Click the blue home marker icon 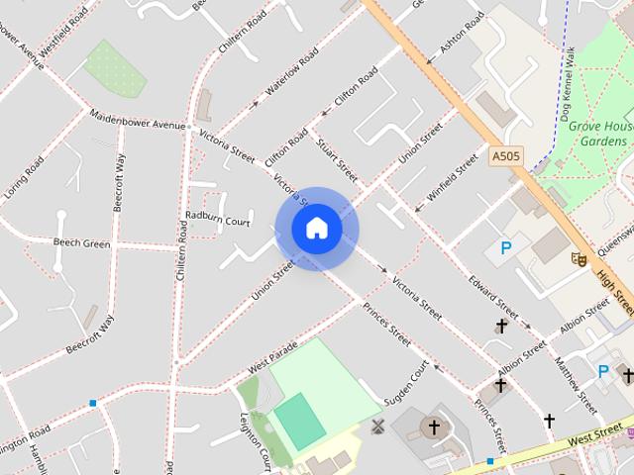(x=316, y=228)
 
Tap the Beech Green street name (x=81, y=243)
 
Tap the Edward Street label (x=493, y=293)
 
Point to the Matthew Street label (x=576, y=385)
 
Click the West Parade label (x=272, y=359)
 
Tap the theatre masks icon (x=580, y=258)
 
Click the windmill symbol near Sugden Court (x=376, y=427)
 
